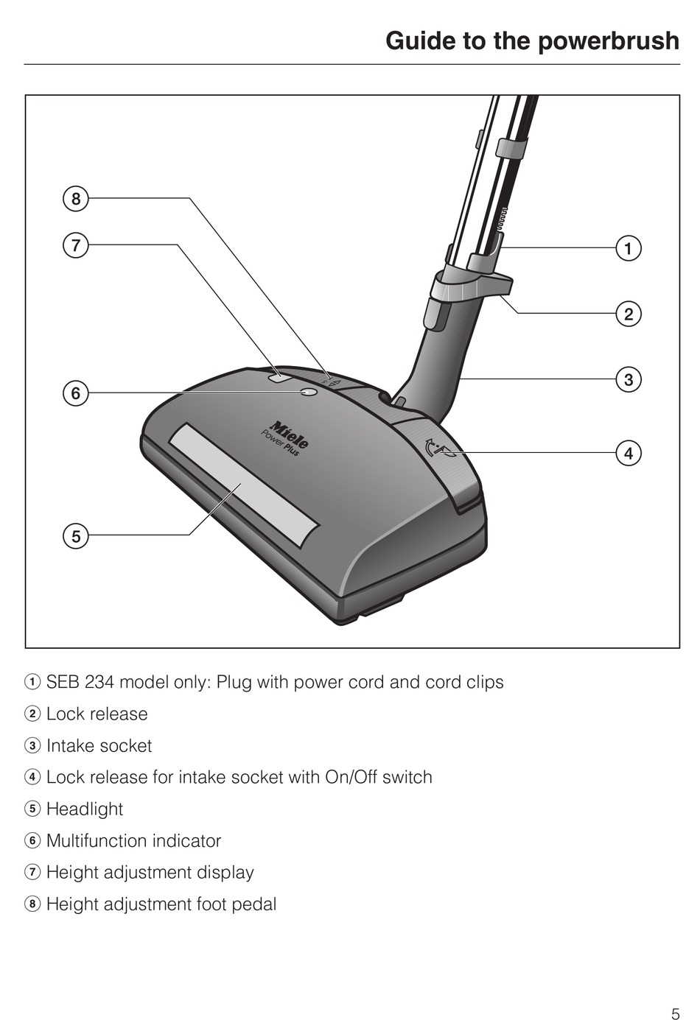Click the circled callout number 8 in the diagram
coord(75,199)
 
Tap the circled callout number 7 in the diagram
coord(75,245)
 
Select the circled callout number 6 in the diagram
coord(75,393)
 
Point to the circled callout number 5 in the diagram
coord(75,535)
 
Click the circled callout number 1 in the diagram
coord(628,249)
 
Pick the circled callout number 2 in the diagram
coord(628,314)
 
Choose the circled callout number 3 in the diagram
coord(628,380)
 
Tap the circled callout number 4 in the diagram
coord(628,453)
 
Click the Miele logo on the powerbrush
coord(289,435)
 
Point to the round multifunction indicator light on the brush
coord(309,393)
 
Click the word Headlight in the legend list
coord(85,809)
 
